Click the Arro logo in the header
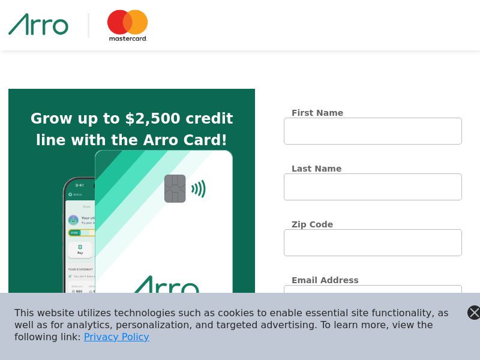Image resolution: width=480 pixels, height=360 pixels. [x=38, y=25]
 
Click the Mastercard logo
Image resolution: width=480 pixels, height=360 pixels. [x=127, y=25]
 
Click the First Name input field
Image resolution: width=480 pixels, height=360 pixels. [x=373, y=131]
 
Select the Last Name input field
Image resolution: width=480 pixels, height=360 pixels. [x=373, y=187]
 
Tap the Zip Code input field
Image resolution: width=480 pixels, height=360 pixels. [x=373, y=242]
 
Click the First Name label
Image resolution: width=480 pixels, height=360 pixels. [x=317, y=113]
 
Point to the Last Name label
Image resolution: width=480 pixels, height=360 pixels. [x=316, y=169]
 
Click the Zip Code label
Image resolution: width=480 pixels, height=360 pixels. [x=312, y=224]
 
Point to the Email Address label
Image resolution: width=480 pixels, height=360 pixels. [x=325, y=280]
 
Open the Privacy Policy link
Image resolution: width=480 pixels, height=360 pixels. [x=116, y=337]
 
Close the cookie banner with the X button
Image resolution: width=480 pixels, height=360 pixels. [x=473, y=312]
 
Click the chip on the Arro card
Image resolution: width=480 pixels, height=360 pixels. [x=175, y=188]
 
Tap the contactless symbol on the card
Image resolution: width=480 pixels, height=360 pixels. [x=199, y=189]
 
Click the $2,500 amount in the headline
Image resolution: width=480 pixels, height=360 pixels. [x=153, y=119]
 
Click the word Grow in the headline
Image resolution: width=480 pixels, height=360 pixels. [x=50, y=119]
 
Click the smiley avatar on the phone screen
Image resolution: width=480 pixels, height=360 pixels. [x=73, y=220]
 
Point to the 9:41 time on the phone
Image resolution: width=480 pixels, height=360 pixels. [x=80, y=185]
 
